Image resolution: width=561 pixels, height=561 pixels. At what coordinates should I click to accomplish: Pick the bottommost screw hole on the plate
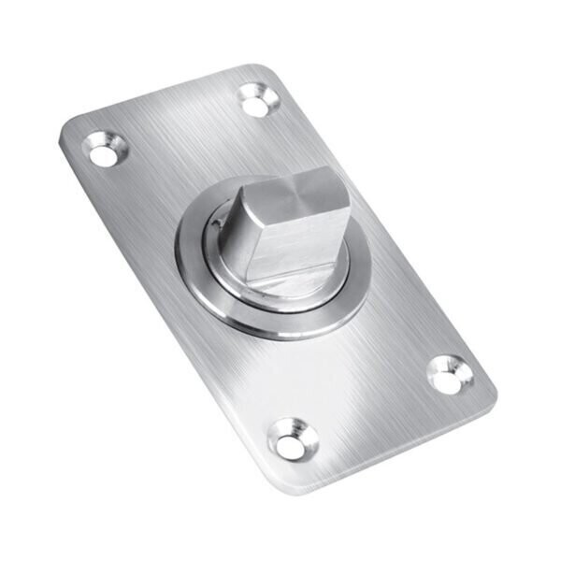(x=293, y=439)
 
